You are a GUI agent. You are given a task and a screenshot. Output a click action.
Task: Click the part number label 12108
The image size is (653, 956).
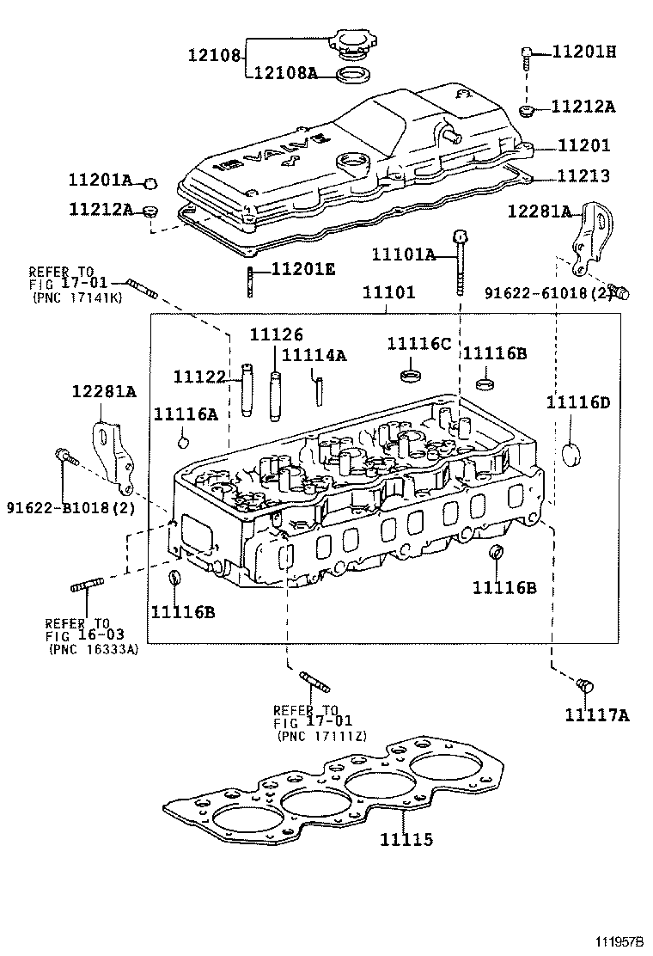click(214, 56)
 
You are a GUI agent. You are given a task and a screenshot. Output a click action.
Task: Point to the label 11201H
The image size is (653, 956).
click(583, 52)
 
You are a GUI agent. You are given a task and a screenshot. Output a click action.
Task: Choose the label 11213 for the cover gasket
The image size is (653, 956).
click(583, 176)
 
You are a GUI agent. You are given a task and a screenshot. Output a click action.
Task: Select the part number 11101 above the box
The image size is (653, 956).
click(388, 292)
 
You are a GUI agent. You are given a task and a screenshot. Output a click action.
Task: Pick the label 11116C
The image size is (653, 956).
click(418, 344)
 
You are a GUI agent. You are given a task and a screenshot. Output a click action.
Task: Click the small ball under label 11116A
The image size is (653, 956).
click(182, 442)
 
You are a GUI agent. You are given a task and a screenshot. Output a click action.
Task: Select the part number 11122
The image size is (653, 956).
click(199, 377)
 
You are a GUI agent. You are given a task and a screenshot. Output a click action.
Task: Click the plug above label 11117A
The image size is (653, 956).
click(584, 685)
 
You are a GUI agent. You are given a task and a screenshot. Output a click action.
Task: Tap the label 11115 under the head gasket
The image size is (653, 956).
click(406, 840)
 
